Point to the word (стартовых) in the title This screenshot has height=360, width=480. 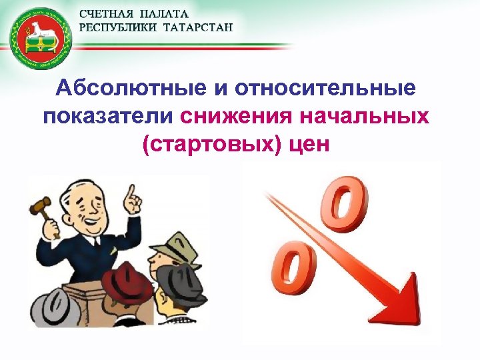(x=205, y=143)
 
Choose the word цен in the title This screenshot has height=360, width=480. (x=306, y=143)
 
